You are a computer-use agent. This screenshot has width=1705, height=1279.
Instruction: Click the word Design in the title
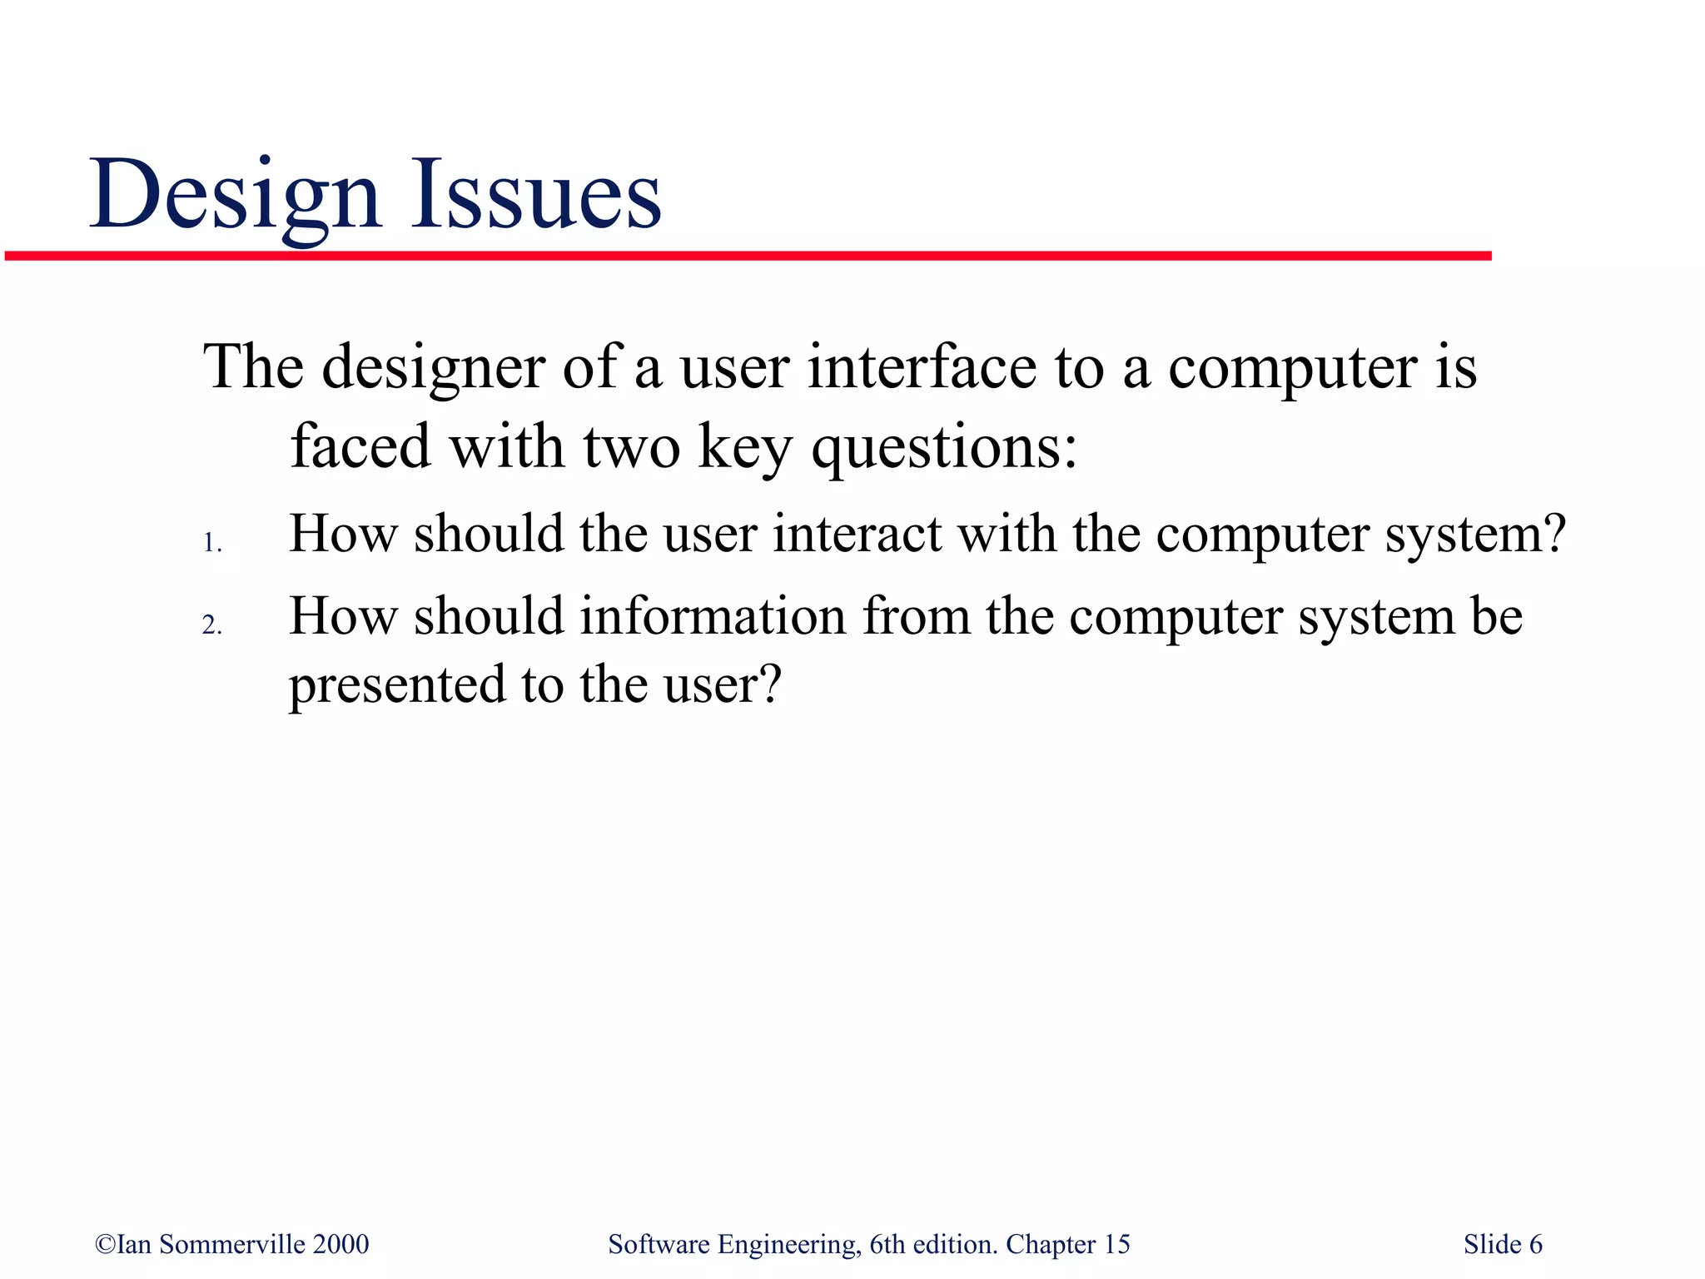235,196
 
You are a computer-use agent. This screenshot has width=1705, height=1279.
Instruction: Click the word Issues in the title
535,196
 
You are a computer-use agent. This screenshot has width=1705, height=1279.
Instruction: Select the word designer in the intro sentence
433,368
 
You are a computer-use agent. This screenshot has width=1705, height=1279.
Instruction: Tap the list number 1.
211,544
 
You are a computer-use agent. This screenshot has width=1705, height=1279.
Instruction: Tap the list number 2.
211,625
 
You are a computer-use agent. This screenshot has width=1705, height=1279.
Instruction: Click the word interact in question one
857,534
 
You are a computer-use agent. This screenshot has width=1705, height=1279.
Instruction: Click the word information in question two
713,617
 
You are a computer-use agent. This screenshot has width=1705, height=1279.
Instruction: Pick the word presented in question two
397,685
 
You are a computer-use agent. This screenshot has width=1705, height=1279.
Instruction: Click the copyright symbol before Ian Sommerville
105,1244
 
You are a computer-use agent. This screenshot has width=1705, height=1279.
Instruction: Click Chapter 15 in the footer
1068,1244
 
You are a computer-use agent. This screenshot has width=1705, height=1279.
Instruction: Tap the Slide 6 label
1503,1244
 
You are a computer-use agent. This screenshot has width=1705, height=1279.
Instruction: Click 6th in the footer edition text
887,1244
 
